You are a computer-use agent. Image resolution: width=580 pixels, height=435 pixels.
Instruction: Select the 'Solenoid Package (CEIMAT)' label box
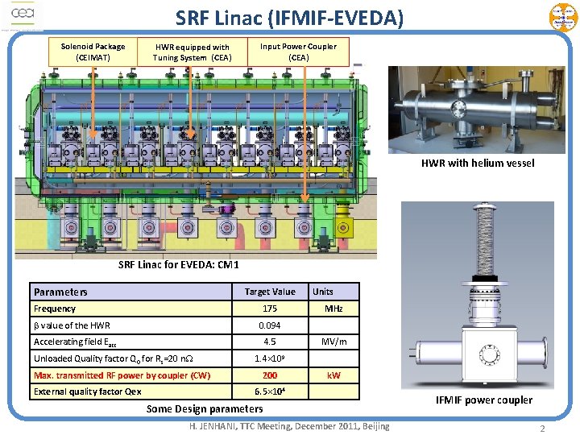[93, 52]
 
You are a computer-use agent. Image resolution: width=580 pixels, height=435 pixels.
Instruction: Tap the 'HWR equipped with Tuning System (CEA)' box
[192, 52]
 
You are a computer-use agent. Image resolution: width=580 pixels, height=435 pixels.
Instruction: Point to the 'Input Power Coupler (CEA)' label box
[298, 52]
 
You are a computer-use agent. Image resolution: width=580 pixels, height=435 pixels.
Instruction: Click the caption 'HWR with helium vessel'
[477, 164]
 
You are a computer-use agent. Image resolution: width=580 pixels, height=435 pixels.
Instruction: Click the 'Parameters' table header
[60, 292]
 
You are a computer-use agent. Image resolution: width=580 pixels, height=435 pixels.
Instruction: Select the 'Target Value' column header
[270, 292]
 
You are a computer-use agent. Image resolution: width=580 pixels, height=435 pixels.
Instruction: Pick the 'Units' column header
[323, 292]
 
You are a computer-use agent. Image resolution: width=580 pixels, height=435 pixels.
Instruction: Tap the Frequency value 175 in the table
[270, 309]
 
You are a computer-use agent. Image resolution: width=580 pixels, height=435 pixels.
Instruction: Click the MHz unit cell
[333, 309]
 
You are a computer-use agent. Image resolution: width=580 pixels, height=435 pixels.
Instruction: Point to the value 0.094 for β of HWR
[270, 325]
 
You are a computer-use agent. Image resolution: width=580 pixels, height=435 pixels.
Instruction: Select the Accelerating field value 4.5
[270, 342]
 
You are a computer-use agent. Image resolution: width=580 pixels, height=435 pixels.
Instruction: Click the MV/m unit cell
[333, 342]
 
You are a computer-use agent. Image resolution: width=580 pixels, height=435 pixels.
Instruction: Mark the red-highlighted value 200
[270, 375]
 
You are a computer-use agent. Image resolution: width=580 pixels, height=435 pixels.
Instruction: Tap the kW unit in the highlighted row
[333, 375]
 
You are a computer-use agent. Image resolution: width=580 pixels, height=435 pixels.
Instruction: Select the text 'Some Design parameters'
[205, 408]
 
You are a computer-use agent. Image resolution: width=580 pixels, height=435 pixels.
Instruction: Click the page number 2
[542, 428]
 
